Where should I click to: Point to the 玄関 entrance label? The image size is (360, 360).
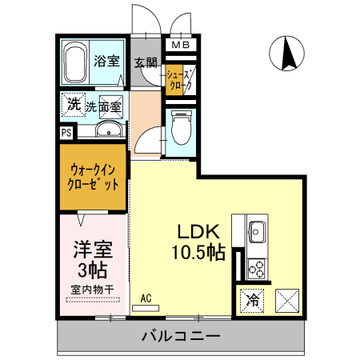click(x=144, y=62)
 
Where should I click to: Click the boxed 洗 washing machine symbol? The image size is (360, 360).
click(x=73, y=105)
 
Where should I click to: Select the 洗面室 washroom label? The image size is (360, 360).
click(x=104, y=106)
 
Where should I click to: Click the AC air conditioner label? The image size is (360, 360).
click(x=146, y=298)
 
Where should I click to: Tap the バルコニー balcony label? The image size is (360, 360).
click(x=181, y=335)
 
